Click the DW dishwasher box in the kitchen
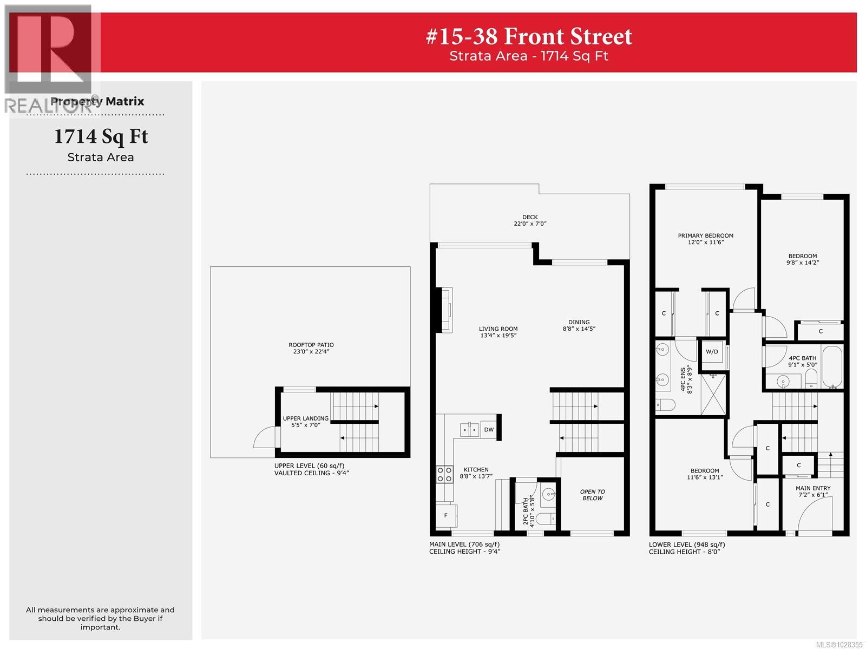pos(489,430)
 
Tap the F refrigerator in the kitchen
pos(446,515)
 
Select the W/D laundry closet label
pos(712,352)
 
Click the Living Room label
pos(498,332)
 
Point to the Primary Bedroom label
pos(706,239)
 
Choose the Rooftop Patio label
pos(311,348)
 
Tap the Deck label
pos(530,220)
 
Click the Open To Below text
pos(593,495)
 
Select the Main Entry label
pos(813,491)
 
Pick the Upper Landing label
pos(305,422)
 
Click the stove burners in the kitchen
pos(445,475)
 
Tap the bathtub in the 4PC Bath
pos(832,366)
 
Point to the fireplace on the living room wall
pos(446,310)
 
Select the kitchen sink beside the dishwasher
pos(469,430)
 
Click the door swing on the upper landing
pos(267,438)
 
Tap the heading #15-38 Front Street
pos(529,36)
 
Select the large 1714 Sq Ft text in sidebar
pos(101,136)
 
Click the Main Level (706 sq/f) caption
pos(464,545)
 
